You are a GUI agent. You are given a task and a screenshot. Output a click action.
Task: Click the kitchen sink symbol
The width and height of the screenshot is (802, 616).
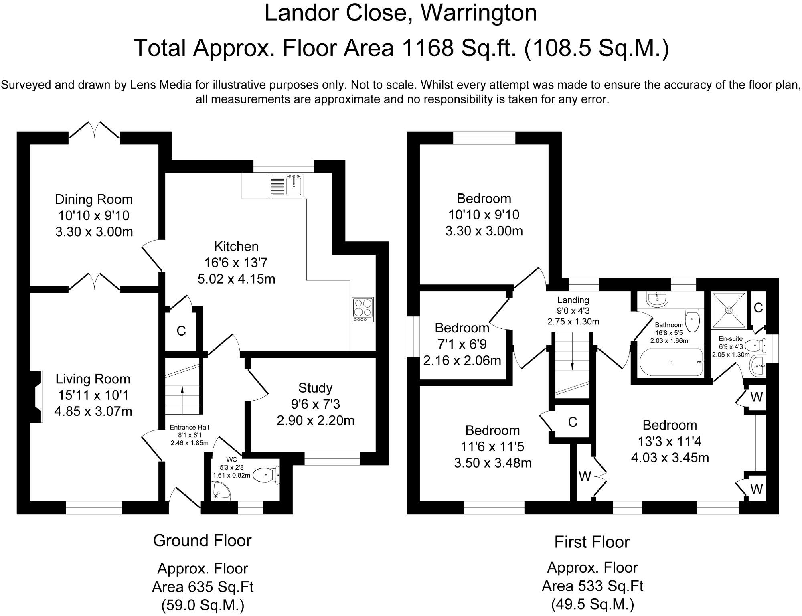[x=286, y=185]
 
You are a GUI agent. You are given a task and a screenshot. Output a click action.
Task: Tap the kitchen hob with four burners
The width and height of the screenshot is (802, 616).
[x=363, y=309]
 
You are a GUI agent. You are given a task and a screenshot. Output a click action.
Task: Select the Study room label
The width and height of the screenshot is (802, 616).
[x=315, y=388]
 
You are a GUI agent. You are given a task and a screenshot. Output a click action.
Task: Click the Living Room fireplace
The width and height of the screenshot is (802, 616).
[x=36, y=397]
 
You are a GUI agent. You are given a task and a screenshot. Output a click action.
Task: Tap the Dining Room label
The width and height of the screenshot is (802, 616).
[x=94, y=199]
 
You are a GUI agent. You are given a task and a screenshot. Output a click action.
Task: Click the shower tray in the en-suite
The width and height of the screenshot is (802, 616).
[x=729, y=310]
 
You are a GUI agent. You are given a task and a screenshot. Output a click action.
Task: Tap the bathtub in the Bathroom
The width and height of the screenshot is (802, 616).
[x=671, y=362]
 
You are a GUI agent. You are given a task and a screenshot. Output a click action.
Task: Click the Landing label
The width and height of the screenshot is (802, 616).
[x=573, y=300]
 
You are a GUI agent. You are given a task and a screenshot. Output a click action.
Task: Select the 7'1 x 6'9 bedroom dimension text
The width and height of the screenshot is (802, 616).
[x=462, y=344]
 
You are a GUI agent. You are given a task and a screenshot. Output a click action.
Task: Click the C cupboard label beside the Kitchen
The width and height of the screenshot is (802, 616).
[x=181, y=331]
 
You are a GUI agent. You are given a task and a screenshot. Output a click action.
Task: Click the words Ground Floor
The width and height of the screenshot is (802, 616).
[x=202, y=541]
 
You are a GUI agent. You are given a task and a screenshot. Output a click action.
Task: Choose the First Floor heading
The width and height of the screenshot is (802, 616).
[x=592, y=542]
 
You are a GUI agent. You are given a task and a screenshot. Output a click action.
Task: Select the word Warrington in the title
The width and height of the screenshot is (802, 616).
[x=479, y=13]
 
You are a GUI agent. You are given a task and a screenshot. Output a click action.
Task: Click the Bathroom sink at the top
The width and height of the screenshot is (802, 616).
[x=657, y=299]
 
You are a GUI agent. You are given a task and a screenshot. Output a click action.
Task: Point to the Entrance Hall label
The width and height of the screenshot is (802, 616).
[x=189, y=427]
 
